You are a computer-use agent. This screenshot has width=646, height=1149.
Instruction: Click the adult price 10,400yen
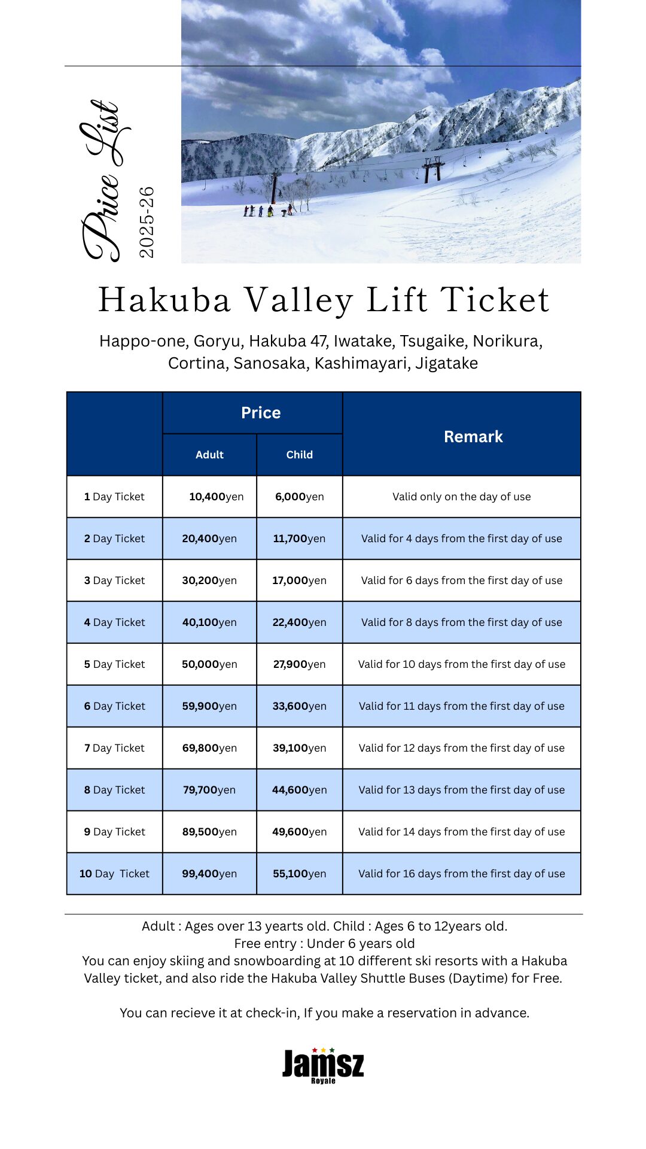click(216, 497)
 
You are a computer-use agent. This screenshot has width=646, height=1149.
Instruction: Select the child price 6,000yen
click(299, 497)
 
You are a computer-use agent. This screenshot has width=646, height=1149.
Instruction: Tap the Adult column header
click(209, 455)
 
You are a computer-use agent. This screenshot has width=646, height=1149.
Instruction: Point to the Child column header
click(299, 455)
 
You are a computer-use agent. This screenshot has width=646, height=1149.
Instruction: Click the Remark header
click(473, 437)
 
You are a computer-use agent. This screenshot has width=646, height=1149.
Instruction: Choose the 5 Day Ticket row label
click(114, 664)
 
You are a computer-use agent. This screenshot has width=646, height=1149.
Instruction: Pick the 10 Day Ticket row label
click(114, 874)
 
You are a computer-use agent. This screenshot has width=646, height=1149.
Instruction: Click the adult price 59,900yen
click(209, 706)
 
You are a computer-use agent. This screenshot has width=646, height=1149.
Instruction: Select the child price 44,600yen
click(299, 790)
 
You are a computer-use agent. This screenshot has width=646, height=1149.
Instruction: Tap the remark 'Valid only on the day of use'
click(461, 497)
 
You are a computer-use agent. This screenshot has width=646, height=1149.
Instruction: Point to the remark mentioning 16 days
click(461, 874)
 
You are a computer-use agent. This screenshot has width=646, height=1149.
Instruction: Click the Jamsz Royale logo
click(323, 1066)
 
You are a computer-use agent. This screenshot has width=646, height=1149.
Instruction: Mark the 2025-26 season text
click(147, 222)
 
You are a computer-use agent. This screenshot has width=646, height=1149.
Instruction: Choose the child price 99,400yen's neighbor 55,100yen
click(299, 874)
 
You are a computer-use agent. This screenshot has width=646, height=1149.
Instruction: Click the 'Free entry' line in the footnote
click(324, 944)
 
